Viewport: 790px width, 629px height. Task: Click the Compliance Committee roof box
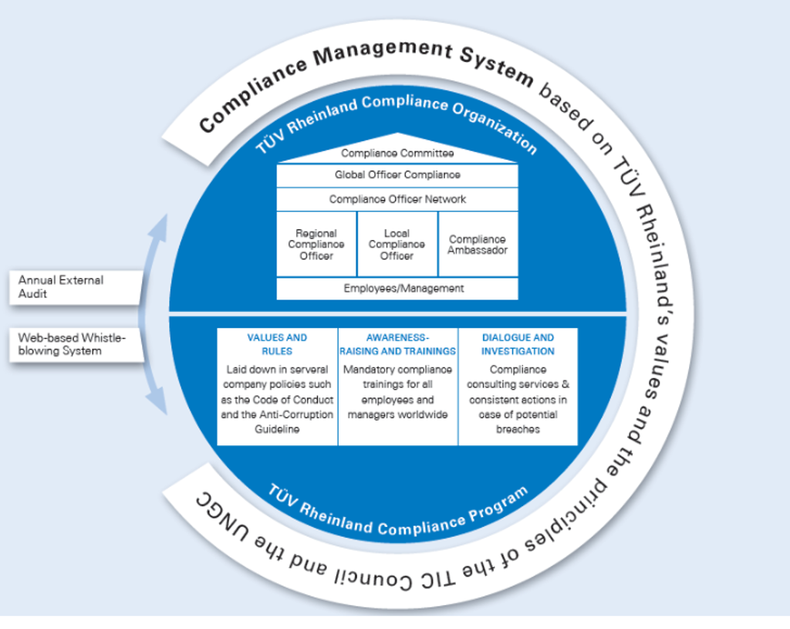(397, 154)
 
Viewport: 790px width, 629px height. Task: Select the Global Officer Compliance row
(397, 175)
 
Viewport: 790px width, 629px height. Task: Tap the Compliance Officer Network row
(397, 199)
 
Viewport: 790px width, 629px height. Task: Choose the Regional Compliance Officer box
(316, 244)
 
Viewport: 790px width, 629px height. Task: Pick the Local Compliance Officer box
(397, 244)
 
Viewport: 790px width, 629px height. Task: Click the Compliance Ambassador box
(478, 244)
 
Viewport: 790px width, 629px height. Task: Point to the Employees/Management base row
(397, 289)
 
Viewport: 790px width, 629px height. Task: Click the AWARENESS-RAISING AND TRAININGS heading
(398, 344)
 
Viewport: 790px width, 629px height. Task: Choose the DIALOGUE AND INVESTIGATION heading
(518, 344)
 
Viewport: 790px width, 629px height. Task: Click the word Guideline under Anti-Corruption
(277, 428)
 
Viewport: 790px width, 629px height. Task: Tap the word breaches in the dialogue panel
(518, 428)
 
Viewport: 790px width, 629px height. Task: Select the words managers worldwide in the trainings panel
(398, 414)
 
